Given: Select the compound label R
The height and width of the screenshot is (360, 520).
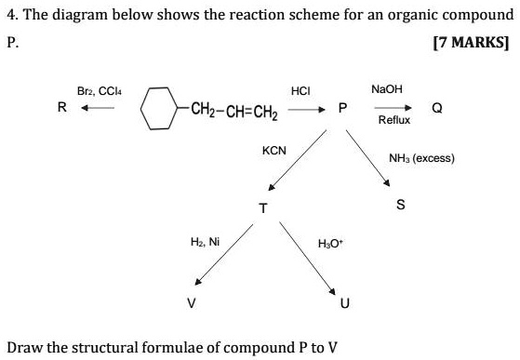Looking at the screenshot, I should (61, 108).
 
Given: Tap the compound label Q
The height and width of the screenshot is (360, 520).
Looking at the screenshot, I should (435, 108).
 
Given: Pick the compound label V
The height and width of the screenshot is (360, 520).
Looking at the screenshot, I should (191, 302).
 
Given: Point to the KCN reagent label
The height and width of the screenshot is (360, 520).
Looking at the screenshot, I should (274, 150).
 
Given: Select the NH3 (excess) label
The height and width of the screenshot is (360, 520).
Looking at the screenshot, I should (423, 158).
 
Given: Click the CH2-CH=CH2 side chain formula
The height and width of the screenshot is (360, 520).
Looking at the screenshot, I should (230, 109).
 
